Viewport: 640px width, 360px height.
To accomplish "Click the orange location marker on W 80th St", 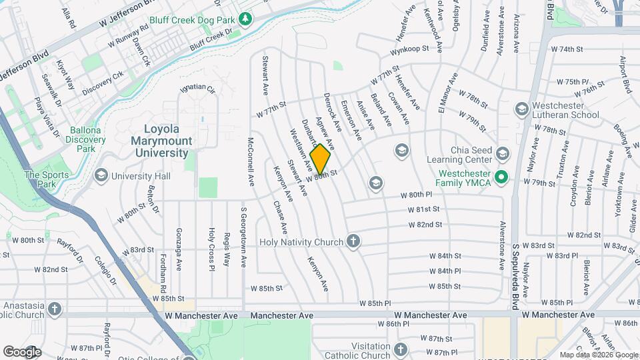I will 320,159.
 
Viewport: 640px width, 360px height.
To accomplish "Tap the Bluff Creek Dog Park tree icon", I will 245,18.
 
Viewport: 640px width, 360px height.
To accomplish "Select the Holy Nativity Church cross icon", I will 353,242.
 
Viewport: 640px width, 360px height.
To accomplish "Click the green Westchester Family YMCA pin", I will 503,177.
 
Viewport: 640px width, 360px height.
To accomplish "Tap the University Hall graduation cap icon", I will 101,176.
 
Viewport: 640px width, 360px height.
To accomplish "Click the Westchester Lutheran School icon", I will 521,109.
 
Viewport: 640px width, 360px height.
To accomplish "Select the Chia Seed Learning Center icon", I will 503,154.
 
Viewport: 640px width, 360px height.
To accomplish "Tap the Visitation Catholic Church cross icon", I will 401,349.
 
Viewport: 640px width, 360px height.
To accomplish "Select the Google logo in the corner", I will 22,352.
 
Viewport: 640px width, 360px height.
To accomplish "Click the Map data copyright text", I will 598,355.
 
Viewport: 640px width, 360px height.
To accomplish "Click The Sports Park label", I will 38,179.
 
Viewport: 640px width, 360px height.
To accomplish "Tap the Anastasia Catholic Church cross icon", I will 54,309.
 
